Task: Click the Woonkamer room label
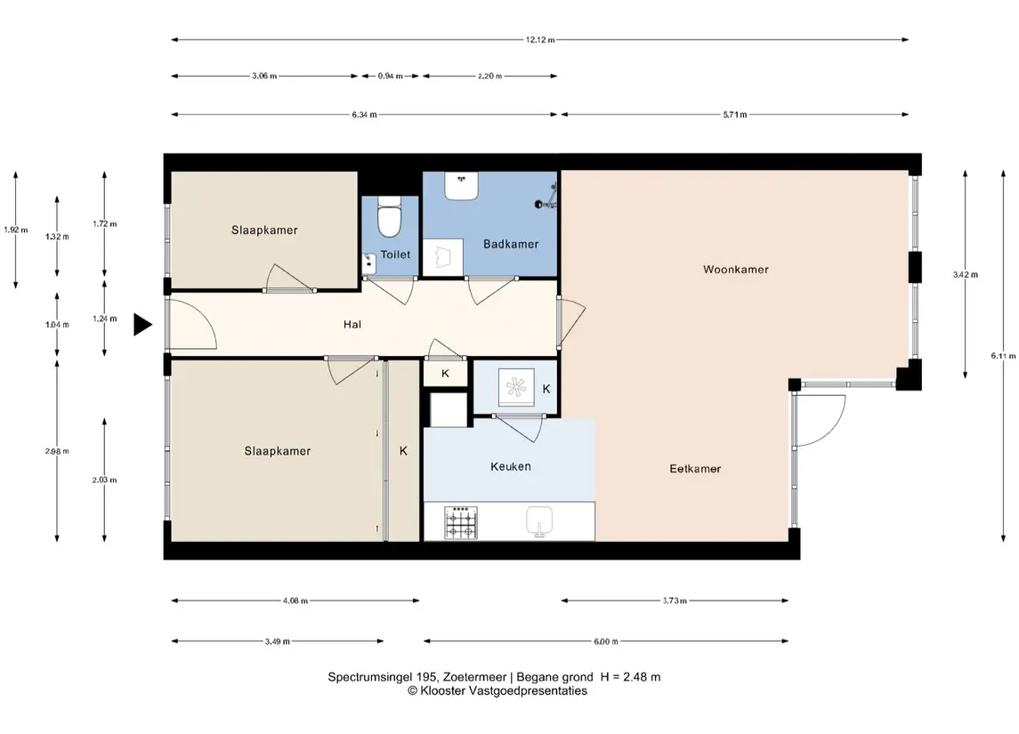click(x=736, y=269)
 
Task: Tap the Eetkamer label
click(x=695, y=468)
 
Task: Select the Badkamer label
click(x=511, y=244)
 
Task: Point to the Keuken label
click(x=510, y=465)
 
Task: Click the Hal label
click(x=352, y=324)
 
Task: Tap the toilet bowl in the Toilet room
click(x=389, y=216)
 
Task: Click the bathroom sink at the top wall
click(x=461, y=186)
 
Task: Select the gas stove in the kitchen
click(x=461, y=523)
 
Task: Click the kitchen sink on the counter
click(x=538, y=521)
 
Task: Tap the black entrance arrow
click(x=142, y=324)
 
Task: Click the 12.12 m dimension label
click(x=540, y=40)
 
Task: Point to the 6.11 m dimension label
click(x=1003, y=356)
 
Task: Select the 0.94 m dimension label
click(x=390, y=76)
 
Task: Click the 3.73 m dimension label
click(x=675, y=601)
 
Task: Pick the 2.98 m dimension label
click(x=57, y=451)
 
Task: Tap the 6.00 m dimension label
click(x=606, y=641)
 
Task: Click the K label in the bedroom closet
click(x=403, y=451)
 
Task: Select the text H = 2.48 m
click(x=630, y=677)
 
